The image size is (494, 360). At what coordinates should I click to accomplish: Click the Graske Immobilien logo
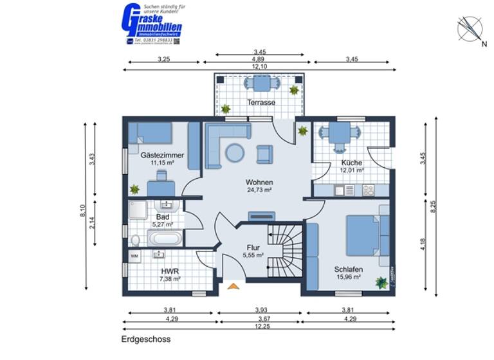[x=151, y=24]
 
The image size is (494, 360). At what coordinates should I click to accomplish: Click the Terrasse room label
[x=261, y=102]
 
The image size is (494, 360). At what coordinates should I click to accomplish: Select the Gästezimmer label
[x=162, y=155]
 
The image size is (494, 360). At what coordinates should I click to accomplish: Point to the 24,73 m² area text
[x=259, y=190]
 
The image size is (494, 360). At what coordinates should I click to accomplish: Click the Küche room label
[x=352, y=163]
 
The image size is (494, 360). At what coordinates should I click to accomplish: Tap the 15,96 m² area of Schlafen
[x=348, y=278]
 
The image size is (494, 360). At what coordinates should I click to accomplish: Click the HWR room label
[x=170, y=271]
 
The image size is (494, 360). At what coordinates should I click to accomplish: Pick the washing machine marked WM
[x=134, y=256]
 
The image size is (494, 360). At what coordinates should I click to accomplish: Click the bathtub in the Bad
[x=165, y=240]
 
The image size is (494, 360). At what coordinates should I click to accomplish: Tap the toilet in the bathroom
[x=134, y=240]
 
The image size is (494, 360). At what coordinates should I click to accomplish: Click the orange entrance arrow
[x=233, y=286]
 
